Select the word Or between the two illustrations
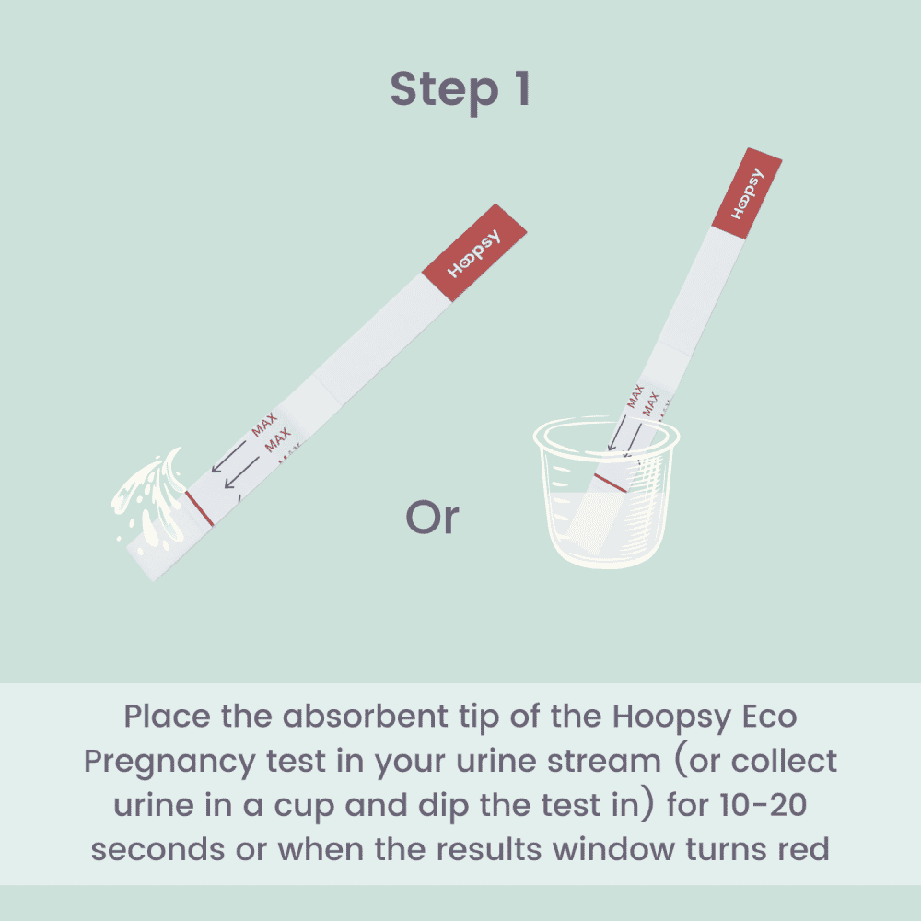[432, 518]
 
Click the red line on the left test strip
[200, 509]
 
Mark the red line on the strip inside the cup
[611, 483]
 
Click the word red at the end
[799, 849]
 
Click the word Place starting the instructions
[169, 717]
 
